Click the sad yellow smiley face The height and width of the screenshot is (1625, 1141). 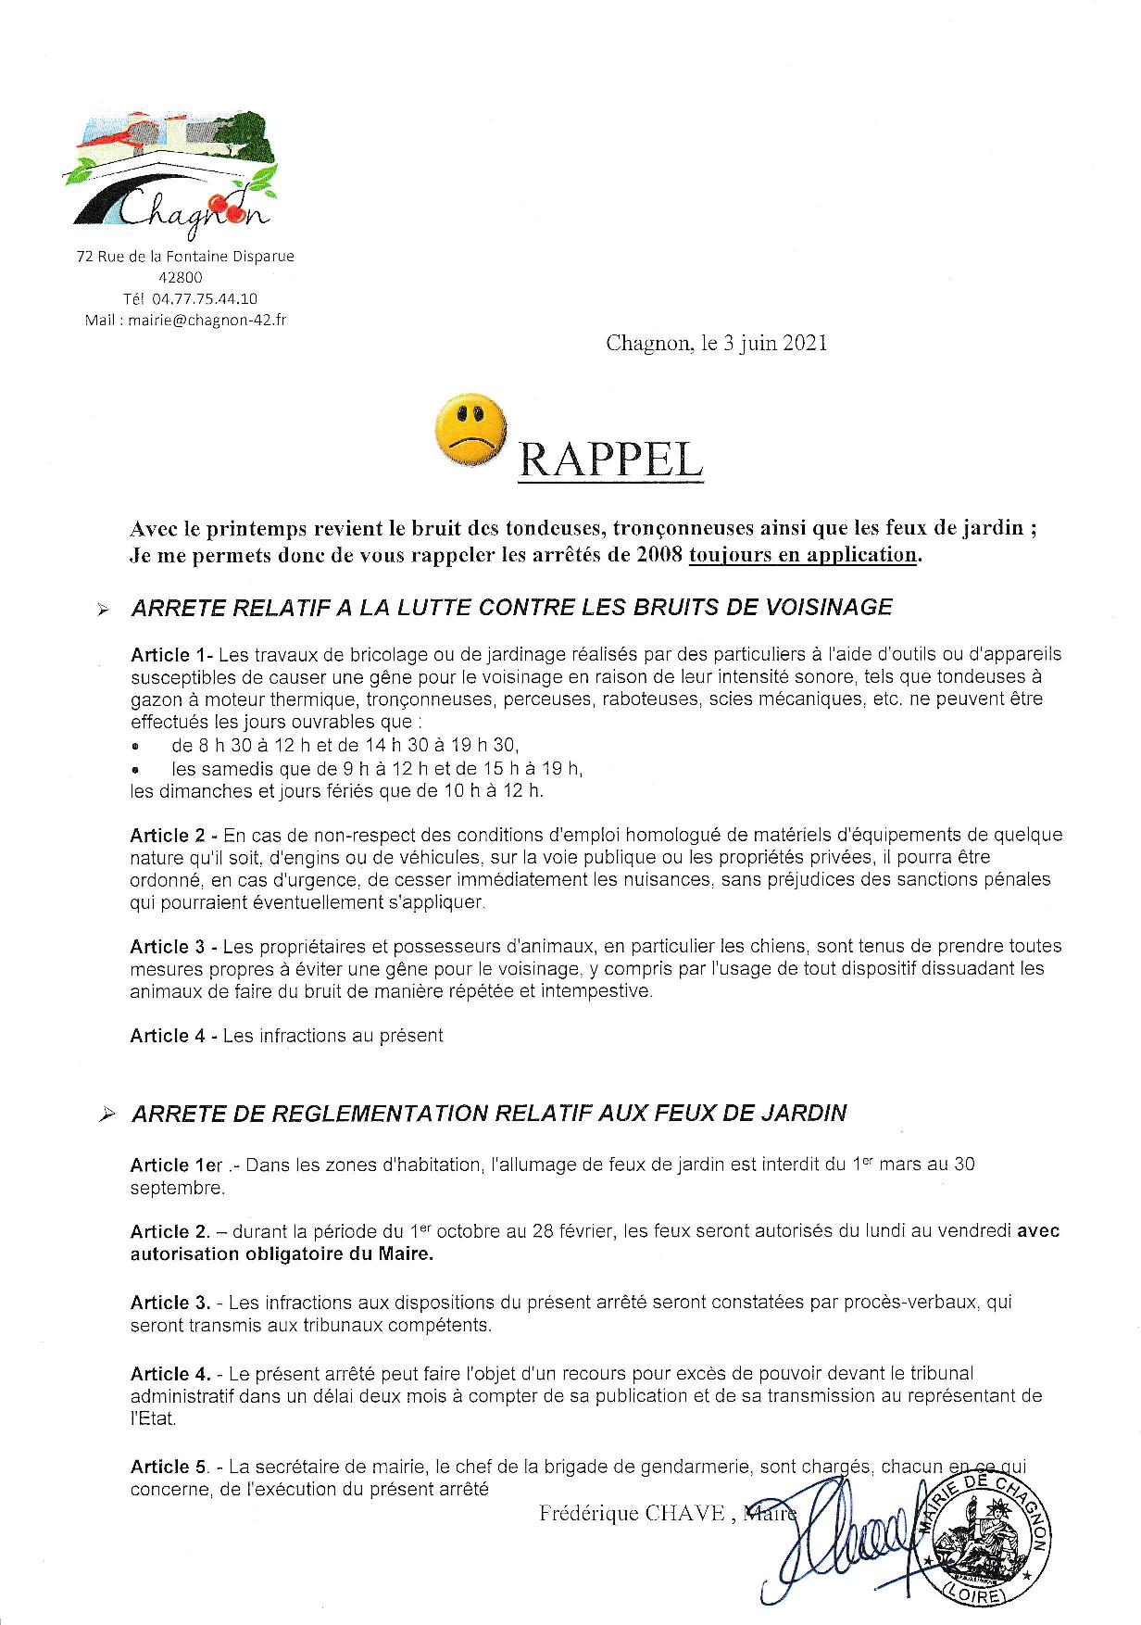click(470, 429)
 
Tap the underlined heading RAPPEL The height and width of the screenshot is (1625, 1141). click(610, 458)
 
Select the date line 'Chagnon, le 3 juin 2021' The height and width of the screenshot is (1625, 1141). click(716, 344)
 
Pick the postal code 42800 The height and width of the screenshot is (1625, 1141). click(182, 277)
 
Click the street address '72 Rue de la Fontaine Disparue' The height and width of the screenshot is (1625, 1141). click(185, 257)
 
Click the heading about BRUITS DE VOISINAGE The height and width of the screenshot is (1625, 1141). click(512, 608)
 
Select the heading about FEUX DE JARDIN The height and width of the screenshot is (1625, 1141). click(489, 1113)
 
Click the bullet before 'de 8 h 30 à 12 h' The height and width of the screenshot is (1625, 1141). click(136, 746)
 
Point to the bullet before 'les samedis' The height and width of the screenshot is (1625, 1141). click(136, 769)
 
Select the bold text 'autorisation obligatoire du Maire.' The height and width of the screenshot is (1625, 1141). click(282, 1254)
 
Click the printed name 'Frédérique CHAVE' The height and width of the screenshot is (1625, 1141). click(631, 1514)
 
